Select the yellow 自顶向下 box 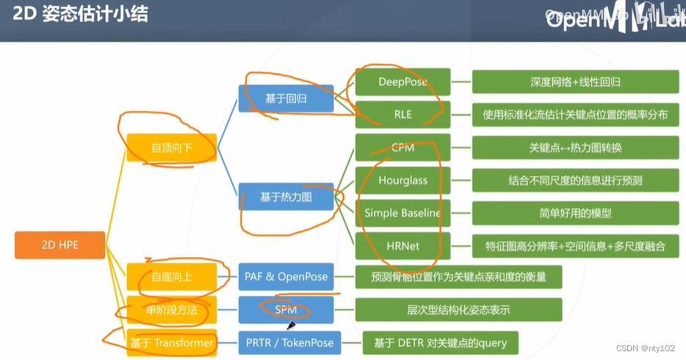(x=172, y=147)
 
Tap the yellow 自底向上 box (x=172, y=277)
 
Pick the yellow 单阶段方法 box (x=172, y=310)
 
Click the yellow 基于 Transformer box (x=172, y=342)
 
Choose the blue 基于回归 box (x=286, y=98)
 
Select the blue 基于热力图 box (x=286, y=197)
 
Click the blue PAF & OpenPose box (x=286, y=277)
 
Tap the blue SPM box (x=286, y=310)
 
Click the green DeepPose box (x=402, y=82)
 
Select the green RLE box (x=402, y=115)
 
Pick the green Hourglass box (x=402, y=180)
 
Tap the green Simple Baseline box (x=402, y=213)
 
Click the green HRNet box (x=402, y=245)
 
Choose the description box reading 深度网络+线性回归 (x=575, y=82)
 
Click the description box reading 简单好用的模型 (x=575, y=213)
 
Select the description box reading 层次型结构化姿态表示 (x=458, y=310)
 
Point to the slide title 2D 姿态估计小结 (x=80, y=15)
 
